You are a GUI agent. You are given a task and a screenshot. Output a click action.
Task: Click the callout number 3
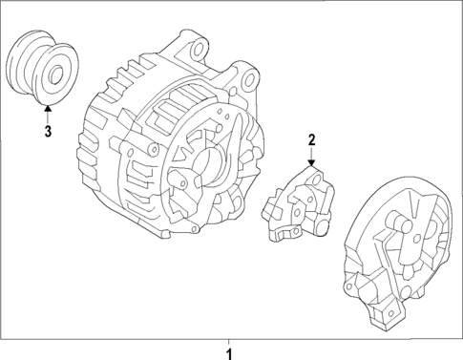47,131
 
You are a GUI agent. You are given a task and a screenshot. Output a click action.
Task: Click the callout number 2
311,140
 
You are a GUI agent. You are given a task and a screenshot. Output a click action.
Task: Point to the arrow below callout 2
311,159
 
